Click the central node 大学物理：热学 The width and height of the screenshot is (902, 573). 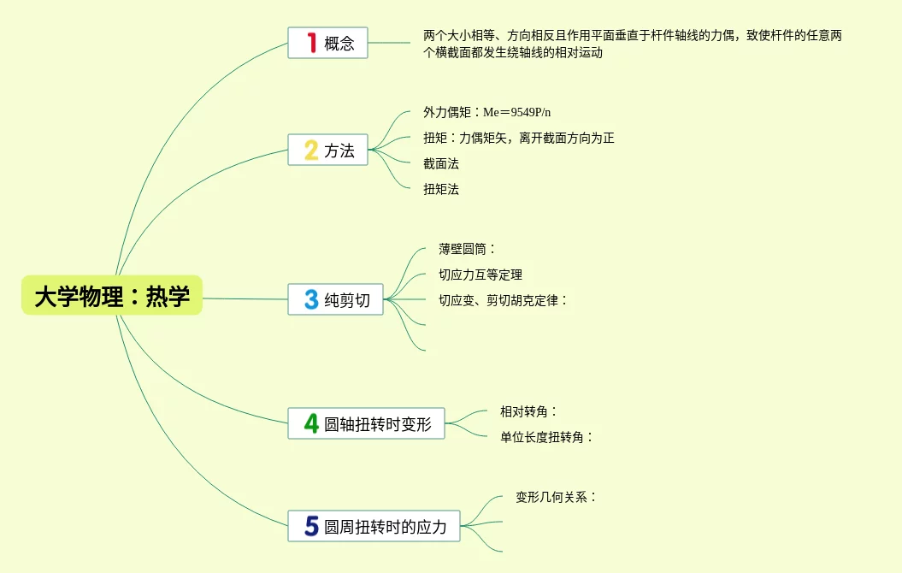tap(112, 296)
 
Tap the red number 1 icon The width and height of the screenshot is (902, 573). tap(311, 43)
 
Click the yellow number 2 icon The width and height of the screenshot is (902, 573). tap(311, 151)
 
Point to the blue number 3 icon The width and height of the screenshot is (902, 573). tap(311, 299)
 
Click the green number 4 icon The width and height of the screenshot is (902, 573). tap(311, 423)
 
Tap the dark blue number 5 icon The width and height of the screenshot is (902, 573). tap(311, 526)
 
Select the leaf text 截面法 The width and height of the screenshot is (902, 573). tap(441, 163)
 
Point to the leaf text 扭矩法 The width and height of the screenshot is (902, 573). tap(441, 189)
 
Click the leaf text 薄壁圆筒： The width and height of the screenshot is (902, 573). tap(467, 249)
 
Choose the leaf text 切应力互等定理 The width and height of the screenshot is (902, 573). tap(480, 275)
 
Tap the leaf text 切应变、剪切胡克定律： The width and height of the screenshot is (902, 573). tap(503, 300)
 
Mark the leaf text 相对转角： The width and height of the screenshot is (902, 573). tap(528, 411)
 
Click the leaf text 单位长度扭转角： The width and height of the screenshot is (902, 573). tap(546, 437)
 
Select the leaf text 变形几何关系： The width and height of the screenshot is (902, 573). tap(556, 497)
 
